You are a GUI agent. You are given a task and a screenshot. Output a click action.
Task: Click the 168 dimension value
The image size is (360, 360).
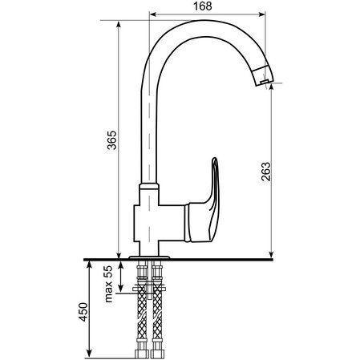point(202,6)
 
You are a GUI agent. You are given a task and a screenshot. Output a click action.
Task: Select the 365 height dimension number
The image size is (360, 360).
point(112,140)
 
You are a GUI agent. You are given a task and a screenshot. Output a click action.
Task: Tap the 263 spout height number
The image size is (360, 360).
point(265,172)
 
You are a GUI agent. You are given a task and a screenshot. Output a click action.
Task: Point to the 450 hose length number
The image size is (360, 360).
point(83,312)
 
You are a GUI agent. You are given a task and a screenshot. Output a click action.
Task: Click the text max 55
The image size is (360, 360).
point(108,284)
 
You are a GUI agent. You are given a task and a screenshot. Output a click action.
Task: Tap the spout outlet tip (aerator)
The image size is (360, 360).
point(263,76)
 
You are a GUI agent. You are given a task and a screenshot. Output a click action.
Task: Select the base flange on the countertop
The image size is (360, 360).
point(149,257)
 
